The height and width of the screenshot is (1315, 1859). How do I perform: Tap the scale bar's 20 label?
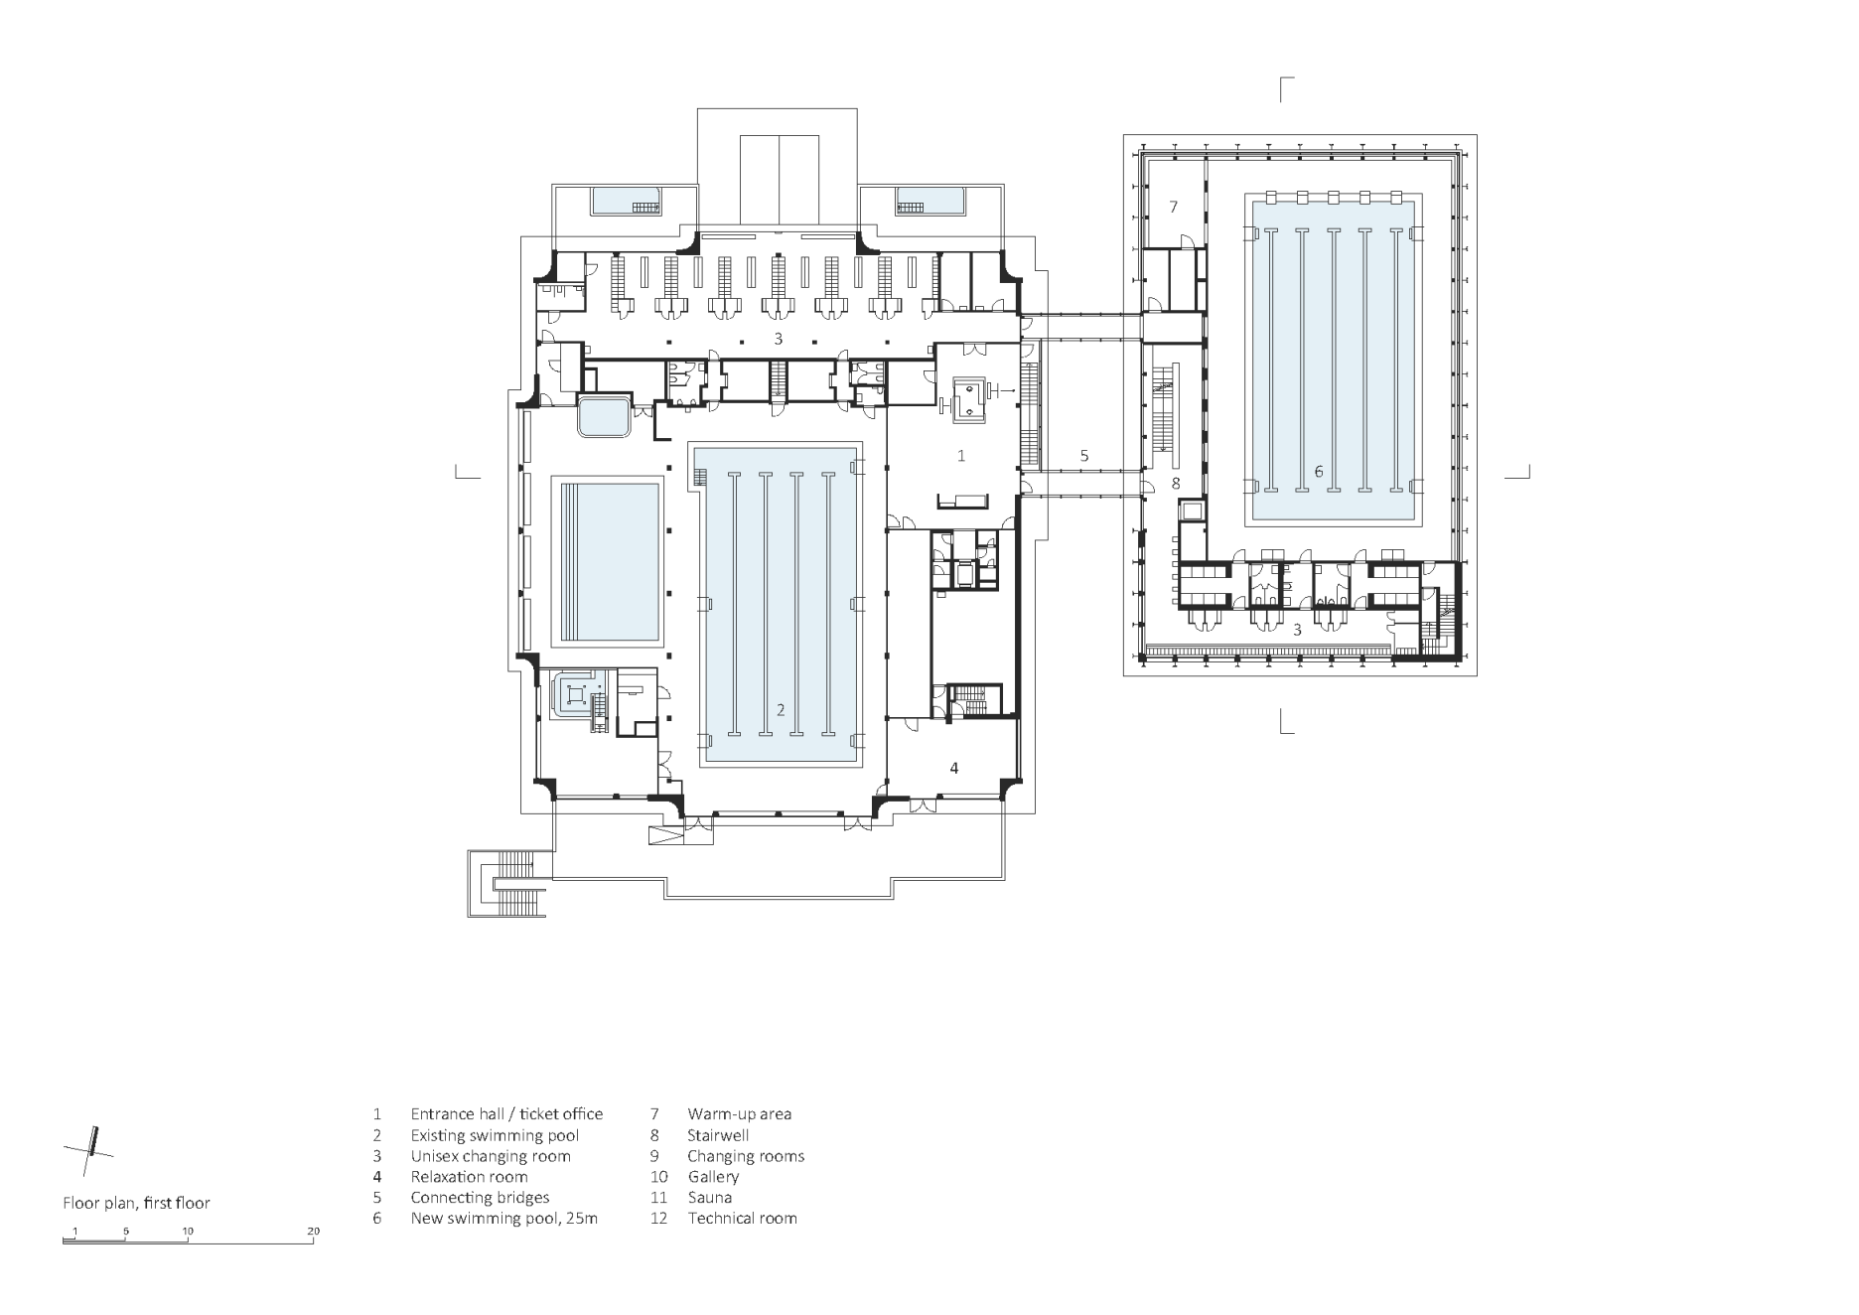click(x=314, y=1232)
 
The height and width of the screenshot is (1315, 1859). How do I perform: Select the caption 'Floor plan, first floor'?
click(x=136, y=1203)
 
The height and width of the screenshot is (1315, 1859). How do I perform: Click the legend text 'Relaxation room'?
click(x=469, y=1177)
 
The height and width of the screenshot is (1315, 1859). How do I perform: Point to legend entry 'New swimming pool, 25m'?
click(x=503, y=1218)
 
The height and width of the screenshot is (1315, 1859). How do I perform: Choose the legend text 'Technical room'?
click(x=742, y=1218)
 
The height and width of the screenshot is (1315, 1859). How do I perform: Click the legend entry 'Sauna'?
click(x=709, y=1197)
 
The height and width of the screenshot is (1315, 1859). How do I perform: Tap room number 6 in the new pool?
click(x=1319, y=472)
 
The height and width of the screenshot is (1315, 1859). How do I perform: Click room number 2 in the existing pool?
click(x=781, y=710)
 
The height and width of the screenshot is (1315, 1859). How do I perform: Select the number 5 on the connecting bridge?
click(x=1084, y=456)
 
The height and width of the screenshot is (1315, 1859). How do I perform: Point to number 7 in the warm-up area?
click(x=1173, y=207)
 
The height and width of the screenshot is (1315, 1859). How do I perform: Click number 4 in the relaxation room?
click(x=954, y=768)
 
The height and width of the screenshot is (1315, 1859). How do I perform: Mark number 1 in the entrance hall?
click(x=960, y=456)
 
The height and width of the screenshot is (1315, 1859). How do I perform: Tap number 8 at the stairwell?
click(x=1175, y=484)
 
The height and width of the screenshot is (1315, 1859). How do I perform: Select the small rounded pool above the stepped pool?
click(x=603, y=417)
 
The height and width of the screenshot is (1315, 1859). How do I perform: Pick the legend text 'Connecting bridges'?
click(x=480, y=1197)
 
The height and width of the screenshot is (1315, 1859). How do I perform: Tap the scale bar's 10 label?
click(x=188, y=1232)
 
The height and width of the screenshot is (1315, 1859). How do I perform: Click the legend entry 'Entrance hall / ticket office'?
click(x=506, y=1114)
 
